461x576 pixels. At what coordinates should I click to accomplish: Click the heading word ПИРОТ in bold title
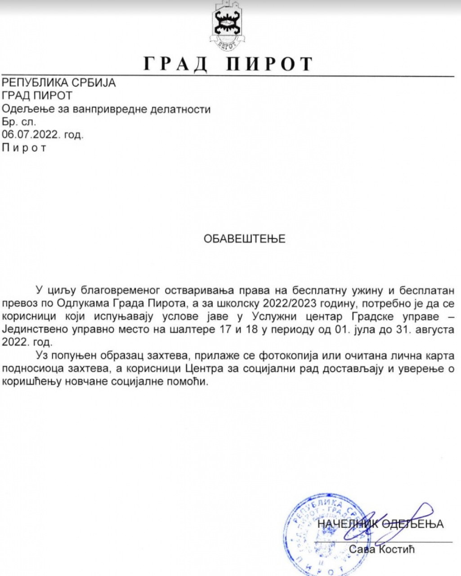[x=269, y=64]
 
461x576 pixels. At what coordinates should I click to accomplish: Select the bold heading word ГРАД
[x=176, y=64]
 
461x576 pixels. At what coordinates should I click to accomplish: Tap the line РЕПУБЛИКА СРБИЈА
[x=59, y=83]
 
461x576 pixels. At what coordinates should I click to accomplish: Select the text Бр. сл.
[x=19, y=121]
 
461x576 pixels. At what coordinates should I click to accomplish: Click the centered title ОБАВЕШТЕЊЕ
[x=245, y=238]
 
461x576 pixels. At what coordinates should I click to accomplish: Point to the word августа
[x=430, y=329]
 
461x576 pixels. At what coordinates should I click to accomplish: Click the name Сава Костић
[x=382, y=549]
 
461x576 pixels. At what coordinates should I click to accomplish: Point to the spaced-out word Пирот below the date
[x=24, y=148]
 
